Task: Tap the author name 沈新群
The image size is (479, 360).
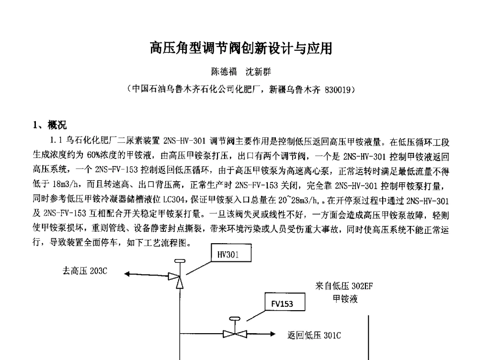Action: (258, 72)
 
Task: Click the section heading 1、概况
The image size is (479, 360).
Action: (50, 125)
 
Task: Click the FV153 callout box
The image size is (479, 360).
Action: (282, 303)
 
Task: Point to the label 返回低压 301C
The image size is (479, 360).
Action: (314, 336)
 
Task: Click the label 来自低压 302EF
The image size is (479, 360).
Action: (344, 286)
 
